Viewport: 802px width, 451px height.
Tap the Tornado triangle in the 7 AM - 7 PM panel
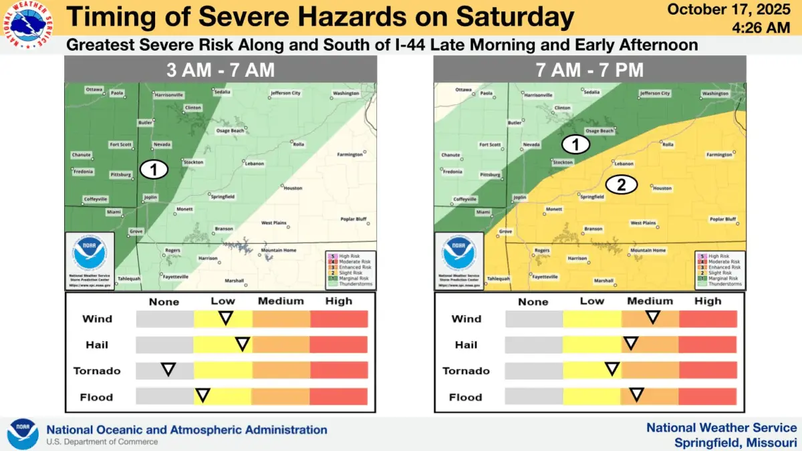pos(612,369)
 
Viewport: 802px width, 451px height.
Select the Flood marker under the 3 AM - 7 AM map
pos(202,396)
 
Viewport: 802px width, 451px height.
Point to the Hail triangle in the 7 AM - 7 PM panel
pos(630,343)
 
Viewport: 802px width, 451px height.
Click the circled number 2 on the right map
pos(621,185)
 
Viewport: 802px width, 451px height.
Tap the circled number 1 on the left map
pos(154,170)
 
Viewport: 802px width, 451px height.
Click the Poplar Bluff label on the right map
pos(722,219)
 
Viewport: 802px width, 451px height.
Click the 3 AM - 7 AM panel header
pos(221,69)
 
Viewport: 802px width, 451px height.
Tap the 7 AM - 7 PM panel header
pos(589,69)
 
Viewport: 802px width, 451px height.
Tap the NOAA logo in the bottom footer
pos(23,434)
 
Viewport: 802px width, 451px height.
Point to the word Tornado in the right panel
pos(466,371)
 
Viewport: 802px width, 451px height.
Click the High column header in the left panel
pos(339,301)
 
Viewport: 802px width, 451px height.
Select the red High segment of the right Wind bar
pos(708,319)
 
